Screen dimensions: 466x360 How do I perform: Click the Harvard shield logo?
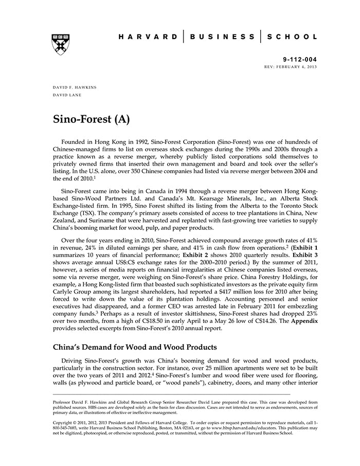click(61, 43)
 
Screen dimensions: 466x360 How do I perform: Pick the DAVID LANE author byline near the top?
click(67, 95)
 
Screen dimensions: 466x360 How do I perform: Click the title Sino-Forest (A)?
click(91, 119)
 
